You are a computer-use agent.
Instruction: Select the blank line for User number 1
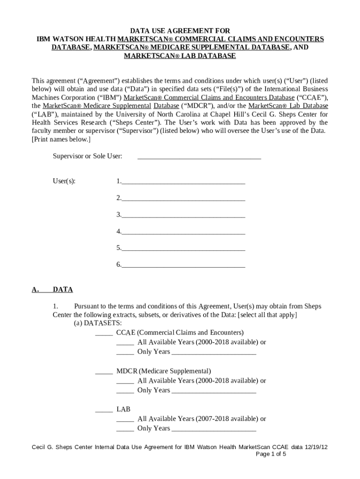click(x=183, y=181)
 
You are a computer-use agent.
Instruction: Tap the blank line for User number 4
click(x=183, y=231)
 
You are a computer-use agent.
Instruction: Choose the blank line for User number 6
click(x=183, y=265)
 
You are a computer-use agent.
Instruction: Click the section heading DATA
click(x=63, y=290)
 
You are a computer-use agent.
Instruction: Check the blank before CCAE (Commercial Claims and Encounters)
click(x=104, y=333)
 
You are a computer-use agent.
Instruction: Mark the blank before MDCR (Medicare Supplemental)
click(x=104, y=371)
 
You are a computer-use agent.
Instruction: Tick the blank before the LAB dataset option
click(x=104, y=409)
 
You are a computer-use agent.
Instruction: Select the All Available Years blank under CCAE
click(x=125, y=342)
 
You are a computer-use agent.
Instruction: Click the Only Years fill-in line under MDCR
click(x=214, y=390)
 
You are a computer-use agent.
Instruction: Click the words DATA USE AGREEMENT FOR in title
click(x=180, y=30)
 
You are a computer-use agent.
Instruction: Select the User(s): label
click(x=64, y=181)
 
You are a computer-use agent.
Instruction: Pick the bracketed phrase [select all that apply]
click(x=267, y=315)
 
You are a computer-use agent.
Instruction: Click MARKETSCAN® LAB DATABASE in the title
click(x=180, y=56)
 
